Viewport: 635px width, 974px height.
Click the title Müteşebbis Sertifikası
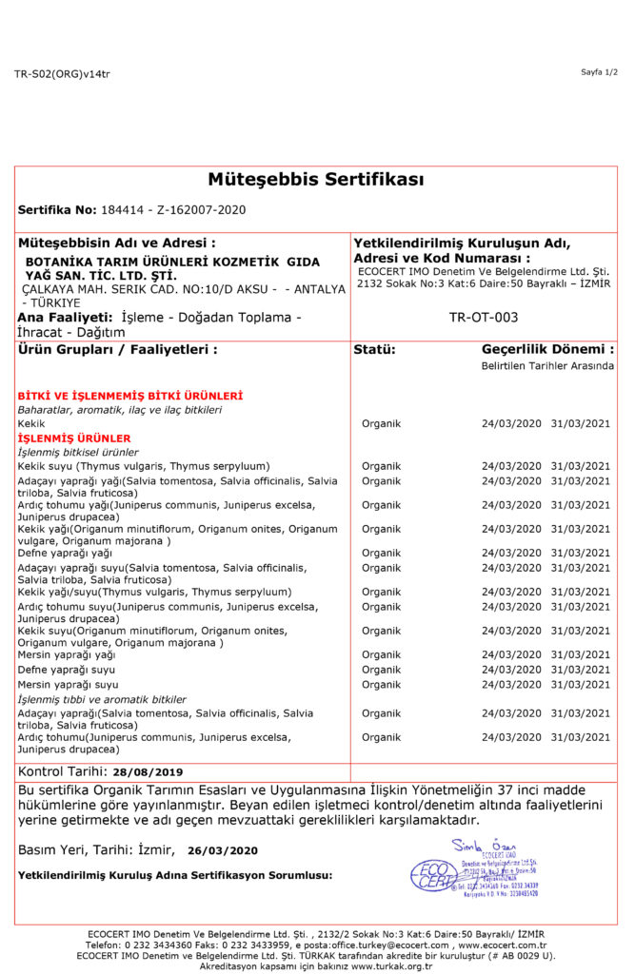[316, 180]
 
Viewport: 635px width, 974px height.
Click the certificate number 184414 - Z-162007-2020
[172, 209]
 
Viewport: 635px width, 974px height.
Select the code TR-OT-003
[483, 317]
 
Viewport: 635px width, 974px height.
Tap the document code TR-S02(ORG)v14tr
[62, 73]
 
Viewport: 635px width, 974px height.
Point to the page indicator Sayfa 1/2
[599, 72]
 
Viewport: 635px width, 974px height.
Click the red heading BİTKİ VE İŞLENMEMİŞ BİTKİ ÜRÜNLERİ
[129, 395]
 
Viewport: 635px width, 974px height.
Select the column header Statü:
[374, 349]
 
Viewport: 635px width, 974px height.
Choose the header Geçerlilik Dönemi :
[547, 349]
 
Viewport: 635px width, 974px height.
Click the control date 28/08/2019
[147, 772]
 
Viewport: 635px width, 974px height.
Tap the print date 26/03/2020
[223, 850]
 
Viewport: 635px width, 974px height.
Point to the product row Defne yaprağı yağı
[65, 553]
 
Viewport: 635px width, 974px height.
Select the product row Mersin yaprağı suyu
[68, 684]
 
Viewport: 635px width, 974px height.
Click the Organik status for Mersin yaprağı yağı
[381, 654]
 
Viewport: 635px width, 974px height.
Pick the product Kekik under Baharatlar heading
[31, 423]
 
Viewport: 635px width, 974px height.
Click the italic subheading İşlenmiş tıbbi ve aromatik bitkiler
[102, 699]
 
